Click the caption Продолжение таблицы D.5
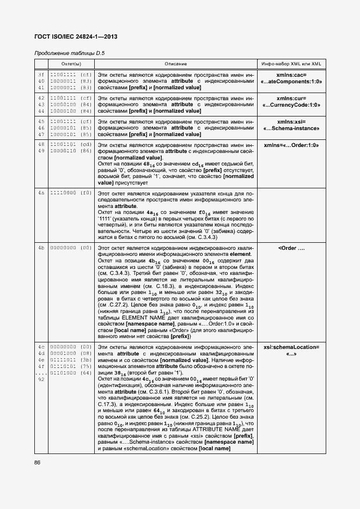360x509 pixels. point(69,53)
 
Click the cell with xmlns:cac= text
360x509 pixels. point(291,78)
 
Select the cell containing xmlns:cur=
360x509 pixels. point(291,101)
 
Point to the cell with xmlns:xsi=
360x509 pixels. point(291,125)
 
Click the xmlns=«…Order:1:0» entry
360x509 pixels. point(291,145)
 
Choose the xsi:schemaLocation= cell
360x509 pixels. point(291,350)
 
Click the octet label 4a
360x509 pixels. point(41,193)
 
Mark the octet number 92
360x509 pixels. point(41,379)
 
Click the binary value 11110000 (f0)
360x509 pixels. point(71,193)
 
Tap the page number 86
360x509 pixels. point(38,462)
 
